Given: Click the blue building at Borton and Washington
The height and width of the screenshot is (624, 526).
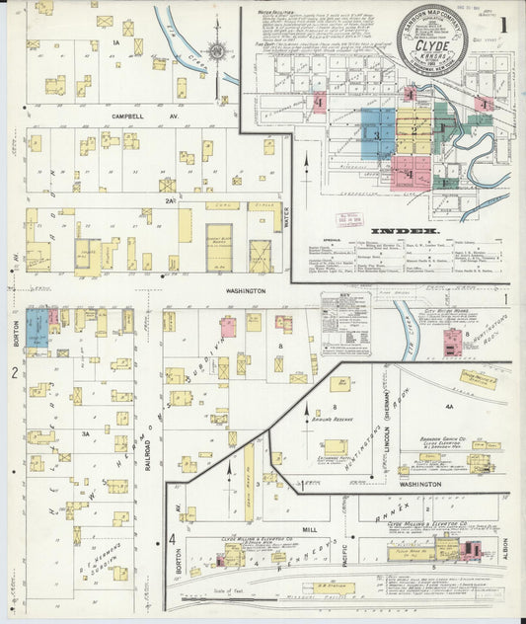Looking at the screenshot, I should click(37, 327).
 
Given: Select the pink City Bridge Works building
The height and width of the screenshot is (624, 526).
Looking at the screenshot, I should click(452, 342).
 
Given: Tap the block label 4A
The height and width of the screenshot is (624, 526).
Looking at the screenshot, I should click(448, 406).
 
